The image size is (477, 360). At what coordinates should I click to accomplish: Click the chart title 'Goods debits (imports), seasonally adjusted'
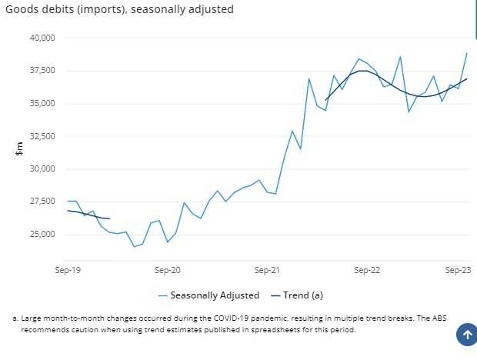[120, 10]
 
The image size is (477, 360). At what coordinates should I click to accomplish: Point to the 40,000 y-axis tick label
[39, 38]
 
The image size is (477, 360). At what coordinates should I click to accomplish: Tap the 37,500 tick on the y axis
[39, 71]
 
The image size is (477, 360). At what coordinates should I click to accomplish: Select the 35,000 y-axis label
[39, 103]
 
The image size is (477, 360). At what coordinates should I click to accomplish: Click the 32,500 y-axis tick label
[39, 136]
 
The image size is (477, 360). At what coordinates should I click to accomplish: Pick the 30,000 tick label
[39, 168]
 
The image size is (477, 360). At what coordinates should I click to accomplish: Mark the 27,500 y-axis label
[39, 202]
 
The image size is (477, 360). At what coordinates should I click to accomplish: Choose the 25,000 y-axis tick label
[39, 234]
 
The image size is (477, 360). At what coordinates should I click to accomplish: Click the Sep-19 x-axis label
[68, 270]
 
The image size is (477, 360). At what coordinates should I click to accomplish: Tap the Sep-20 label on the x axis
[167, 270]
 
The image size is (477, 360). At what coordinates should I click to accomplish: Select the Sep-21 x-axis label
[267, 270]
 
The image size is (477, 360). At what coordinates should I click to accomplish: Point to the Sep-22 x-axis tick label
[367, 270]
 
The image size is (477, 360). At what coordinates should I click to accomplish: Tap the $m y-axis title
[19, 149]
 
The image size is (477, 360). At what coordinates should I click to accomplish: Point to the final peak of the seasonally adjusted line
[467, 53]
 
